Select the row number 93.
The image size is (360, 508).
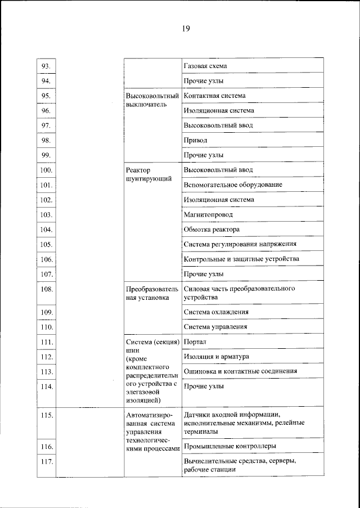pos(46,66)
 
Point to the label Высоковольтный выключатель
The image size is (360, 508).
pos(152,100)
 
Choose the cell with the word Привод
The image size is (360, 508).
pos(195,140)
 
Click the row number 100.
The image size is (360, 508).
pos(46,170)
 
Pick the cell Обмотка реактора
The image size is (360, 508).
pos(211,229)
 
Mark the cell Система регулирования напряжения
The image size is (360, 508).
pos(240,244)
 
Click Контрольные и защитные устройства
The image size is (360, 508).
pos(241,259)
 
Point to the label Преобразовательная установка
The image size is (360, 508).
pos(150,293)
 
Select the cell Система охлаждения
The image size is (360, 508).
pos(216,312)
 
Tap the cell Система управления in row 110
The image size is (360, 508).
pos(215,326)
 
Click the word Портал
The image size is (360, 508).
pos(195,341)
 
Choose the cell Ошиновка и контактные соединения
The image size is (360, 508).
pos(240,371)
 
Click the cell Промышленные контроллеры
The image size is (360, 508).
pos(229,446)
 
